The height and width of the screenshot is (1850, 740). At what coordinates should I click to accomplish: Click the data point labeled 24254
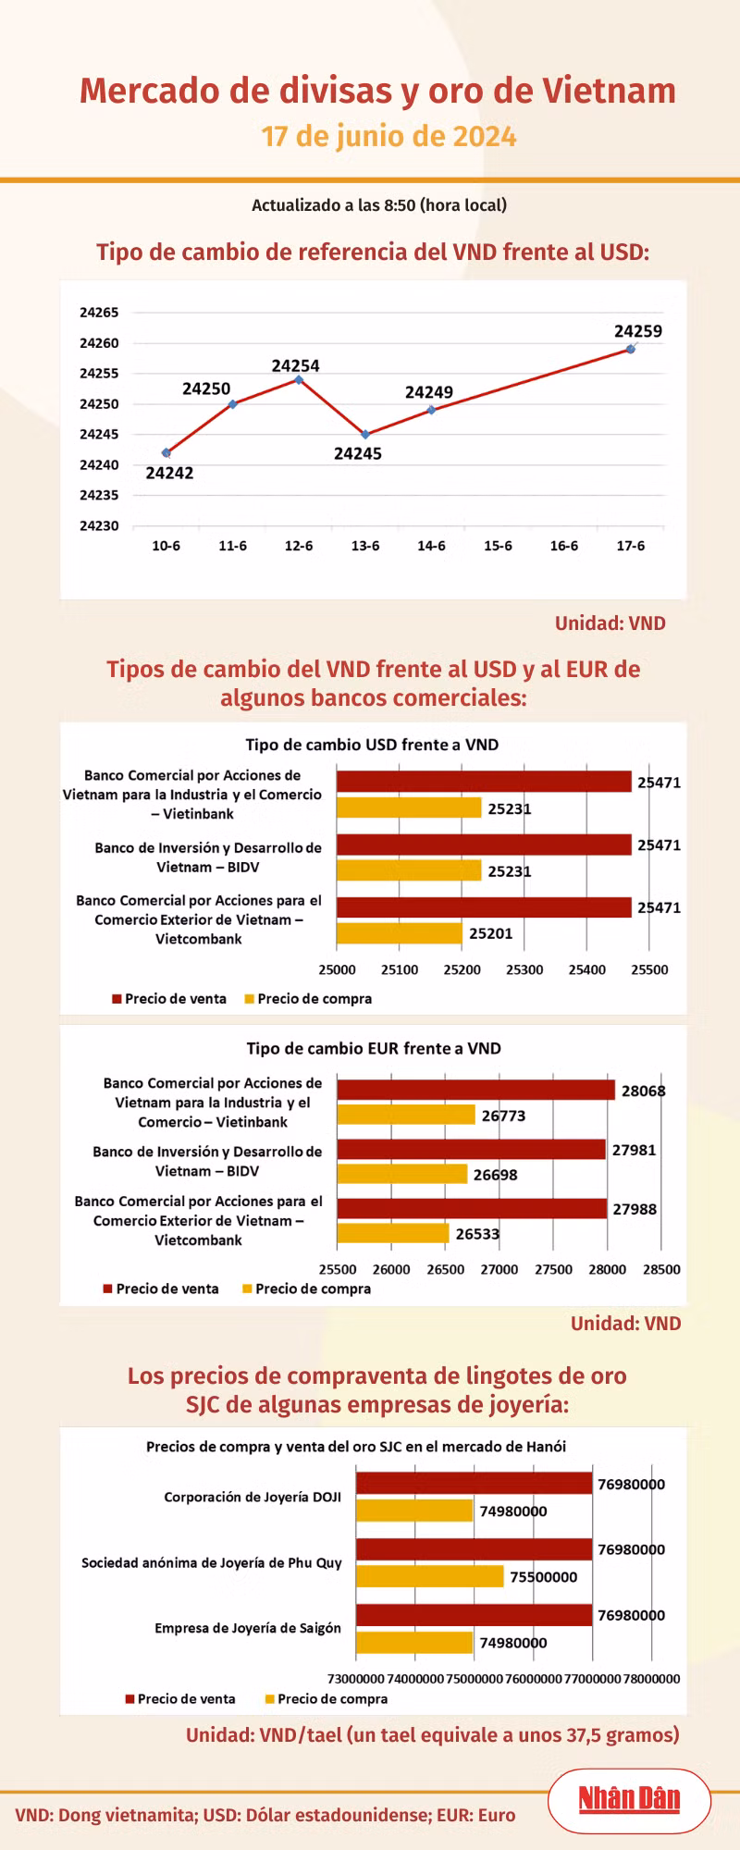click(299, 379)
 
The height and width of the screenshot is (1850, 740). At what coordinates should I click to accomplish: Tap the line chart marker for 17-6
click(630, 349)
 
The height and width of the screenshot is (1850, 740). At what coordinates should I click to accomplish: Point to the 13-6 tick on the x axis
click(365, 546)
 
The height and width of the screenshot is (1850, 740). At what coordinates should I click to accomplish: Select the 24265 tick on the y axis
click(99, 313)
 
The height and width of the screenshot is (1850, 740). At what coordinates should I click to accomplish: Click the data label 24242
click(169, 473)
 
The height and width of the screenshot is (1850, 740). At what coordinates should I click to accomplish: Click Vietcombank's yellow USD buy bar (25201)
click(399, 933)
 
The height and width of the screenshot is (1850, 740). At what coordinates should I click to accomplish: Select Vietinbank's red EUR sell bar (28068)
click(475, 1090)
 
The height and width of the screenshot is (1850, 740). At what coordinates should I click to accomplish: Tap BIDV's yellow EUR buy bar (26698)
click(402, 1174)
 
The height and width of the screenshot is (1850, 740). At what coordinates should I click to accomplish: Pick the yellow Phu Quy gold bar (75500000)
click(430, 1576)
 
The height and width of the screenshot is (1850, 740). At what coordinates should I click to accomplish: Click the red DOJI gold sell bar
click(474, 1484)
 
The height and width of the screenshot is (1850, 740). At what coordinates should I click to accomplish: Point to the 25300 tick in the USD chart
click(524, 969)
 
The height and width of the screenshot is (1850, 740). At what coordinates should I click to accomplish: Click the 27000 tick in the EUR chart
click(499, 1269)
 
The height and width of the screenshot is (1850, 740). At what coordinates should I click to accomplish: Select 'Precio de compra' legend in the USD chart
click(308, 999)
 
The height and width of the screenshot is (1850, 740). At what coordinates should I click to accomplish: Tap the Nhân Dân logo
click(629, 1799)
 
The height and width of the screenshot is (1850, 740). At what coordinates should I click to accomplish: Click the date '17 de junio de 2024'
click(388, 137)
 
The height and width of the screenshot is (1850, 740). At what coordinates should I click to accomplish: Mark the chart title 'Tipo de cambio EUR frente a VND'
click(374, 1048)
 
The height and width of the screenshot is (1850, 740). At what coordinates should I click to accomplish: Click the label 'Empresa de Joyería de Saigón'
click(248, 1628)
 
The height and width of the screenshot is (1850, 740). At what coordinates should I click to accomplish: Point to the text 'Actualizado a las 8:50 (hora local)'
click(379, 205)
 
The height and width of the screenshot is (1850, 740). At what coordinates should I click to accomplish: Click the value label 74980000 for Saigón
click(512, 1643)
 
